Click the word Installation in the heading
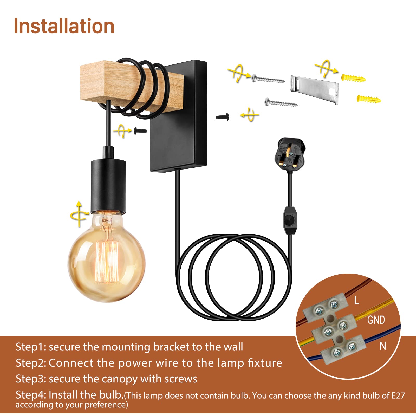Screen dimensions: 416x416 point(64,26)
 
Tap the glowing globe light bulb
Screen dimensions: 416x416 point(107,256)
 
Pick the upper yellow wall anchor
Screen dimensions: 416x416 point(353,78)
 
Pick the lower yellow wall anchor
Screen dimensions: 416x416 point(369,99)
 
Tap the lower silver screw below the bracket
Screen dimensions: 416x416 point(281,102)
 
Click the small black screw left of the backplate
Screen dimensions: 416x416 point(140,131)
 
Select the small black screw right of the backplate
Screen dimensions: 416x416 point(223,117)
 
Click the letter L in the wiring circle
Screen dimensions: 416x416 point(357,300)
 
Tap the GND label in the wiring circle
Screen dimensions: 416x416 point(376,320)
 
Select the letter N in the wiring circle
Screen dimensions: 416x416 point(383,346)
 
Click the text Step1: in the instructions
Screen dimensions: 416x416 point(31,347)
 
